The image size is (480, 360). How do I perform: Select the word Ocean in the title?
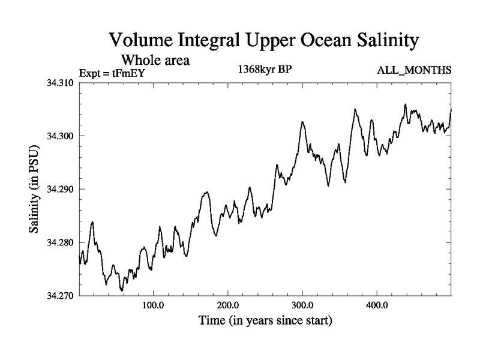point(317,41)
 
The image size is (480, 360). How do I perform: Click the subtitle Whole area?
point(155,60)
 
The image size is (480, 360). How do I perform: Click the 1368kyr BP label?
point(265,69)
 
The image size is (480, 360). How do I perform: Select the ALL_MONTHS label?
point(414,71)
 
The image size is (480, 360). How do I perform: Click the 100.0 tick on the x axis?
point(154,304)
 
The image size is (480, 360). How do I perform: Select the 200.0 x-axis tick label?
point(228,304)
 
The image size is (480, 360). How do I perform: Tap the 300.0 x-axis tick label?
point(302,304)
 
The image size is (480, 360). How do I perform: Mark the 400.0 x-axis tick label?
point(377,304)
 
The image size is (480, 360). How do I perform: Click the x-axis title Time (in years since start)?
point(265,321)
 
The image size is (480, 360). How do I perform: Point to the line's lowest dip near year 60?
point(122,291)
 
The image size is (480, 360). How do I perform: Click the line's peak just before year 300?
point(303,122)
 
